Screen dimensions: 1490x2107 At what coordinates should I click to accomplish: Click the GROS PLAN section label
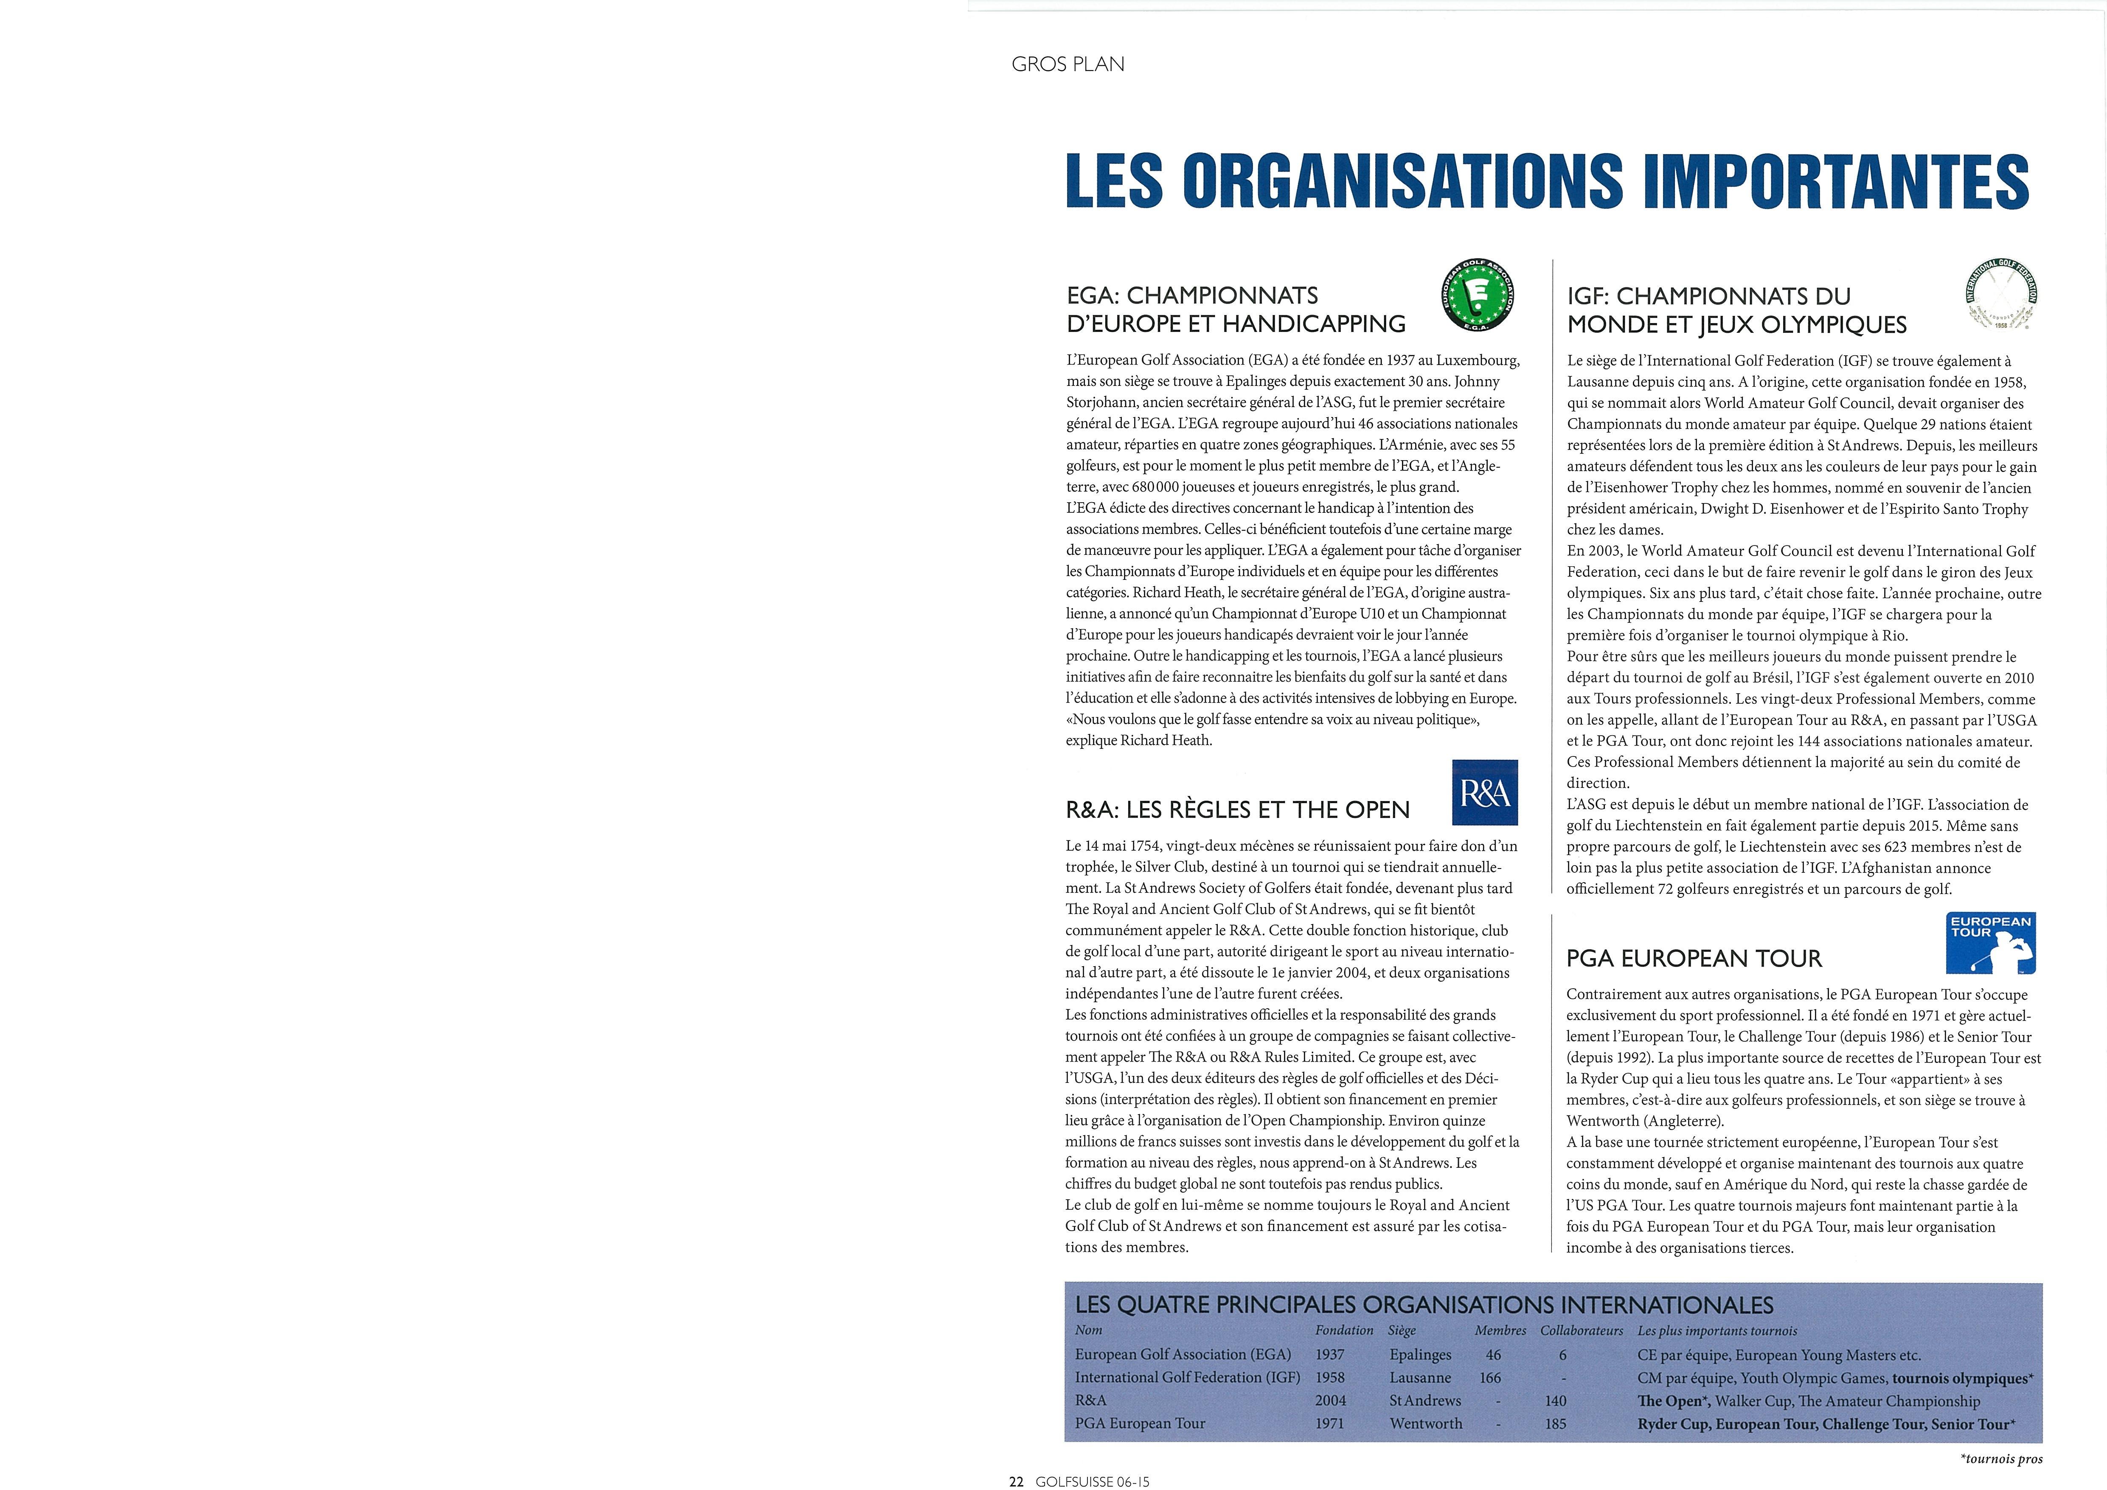tap(1067, 64)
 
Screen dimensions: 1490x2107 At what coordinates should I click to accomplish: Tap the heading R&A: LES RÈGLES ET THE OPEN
tap(1237, 810)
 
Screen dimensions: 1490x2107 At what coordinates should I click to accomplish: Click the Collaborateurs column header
tap(1581, 1330)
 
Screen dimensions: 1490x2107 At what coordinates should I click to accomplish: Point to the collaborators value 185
tap(1556, 1423)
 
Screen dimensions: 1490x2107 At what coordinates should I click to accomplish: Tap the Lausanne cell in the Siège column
tap(1420, 1377)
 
